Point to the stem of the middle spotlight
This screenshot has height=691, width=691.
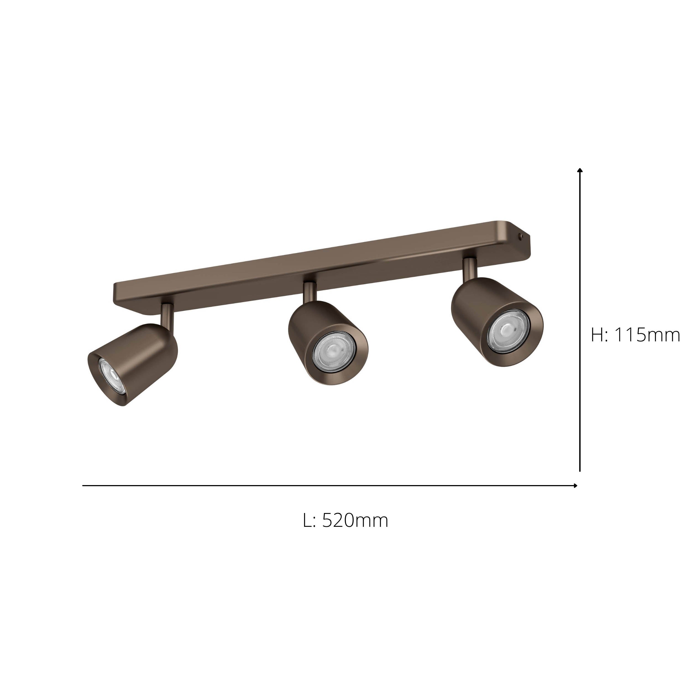[309, 291]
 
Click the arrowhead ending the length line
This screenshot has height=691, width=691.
[575, 485]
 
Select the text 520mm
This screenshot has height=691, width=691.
[355, 521]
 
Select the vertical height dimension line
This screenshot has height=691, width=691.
[580, 322]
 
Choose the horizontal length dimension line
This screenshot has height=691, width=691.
[322, 485]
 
